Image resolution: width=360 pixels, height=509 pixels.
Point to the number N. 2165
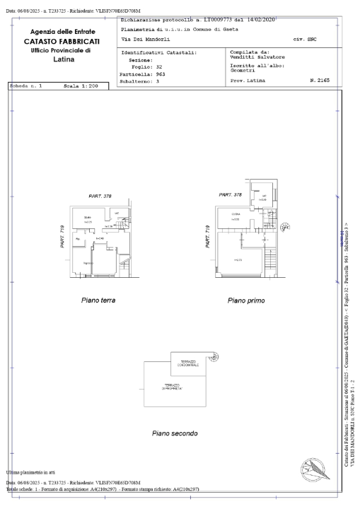[320, 81]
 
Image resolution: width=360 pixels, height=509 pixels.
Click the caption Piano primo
[246, 300]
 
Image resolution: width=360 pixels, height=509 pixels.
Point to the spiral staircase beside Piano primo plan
[286, 227]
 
